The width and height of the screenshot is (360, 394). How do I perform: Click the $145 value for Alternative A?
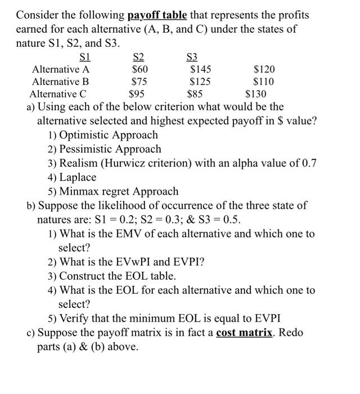[x=201, y=69]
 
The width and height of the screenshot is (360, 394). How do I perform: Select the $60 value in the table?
[x=139, y=69]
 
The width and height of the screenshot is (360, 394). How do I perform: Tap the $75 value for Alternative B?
[x=139, y=82]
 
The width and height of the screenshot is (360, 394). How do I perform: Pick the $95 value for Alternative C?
[x=138, y=94]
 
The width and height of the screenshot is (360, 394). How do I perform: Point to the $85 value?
[x=195, y=94]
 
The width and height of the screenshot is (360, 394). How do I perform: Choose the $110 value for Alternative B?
[x=264, y=82]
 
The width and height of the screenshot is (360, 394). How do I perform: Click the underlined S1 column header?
[x=85, y=57]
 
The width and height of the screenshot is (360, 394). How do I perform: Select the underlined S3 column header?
[x=192, y=57]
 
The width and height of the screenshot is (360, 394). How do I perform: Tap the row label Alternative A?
[x=61, y=69]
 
